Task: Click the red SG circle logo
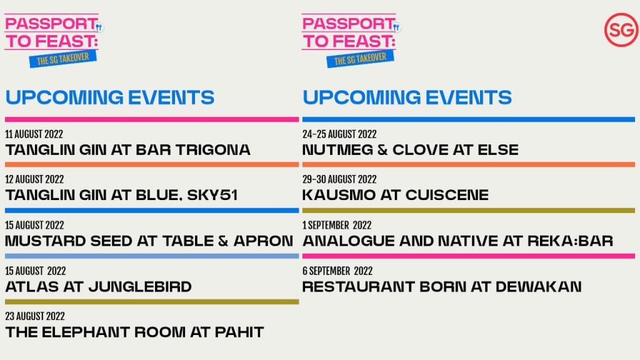tap(621, 30)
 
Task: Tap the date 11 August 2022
tap(34, 134)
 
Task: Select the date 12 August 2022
tap(35, 179)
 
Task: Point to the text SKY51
tap(212, 195)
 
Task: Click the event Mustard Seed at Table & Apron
tap(149, 241)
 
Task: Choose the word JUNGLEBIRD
tap(140, 286)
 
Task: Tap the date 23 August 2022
tap(35, 316)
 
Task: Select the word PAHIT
tap(239, 332)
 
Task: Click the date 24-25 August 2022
tap(339, 134)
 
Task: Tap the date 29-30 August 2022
tap(339, 179)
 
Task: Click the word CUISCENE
tap(447, 195)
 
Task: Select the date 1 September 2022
tap(337, 225)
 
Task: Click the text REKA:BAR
tap(570, 241)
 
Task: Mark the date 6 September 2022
tap(337, 271)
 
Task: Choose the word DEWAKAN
tap(539, 286)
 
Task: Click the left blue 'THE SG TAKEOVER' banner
tap(63, 59)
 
